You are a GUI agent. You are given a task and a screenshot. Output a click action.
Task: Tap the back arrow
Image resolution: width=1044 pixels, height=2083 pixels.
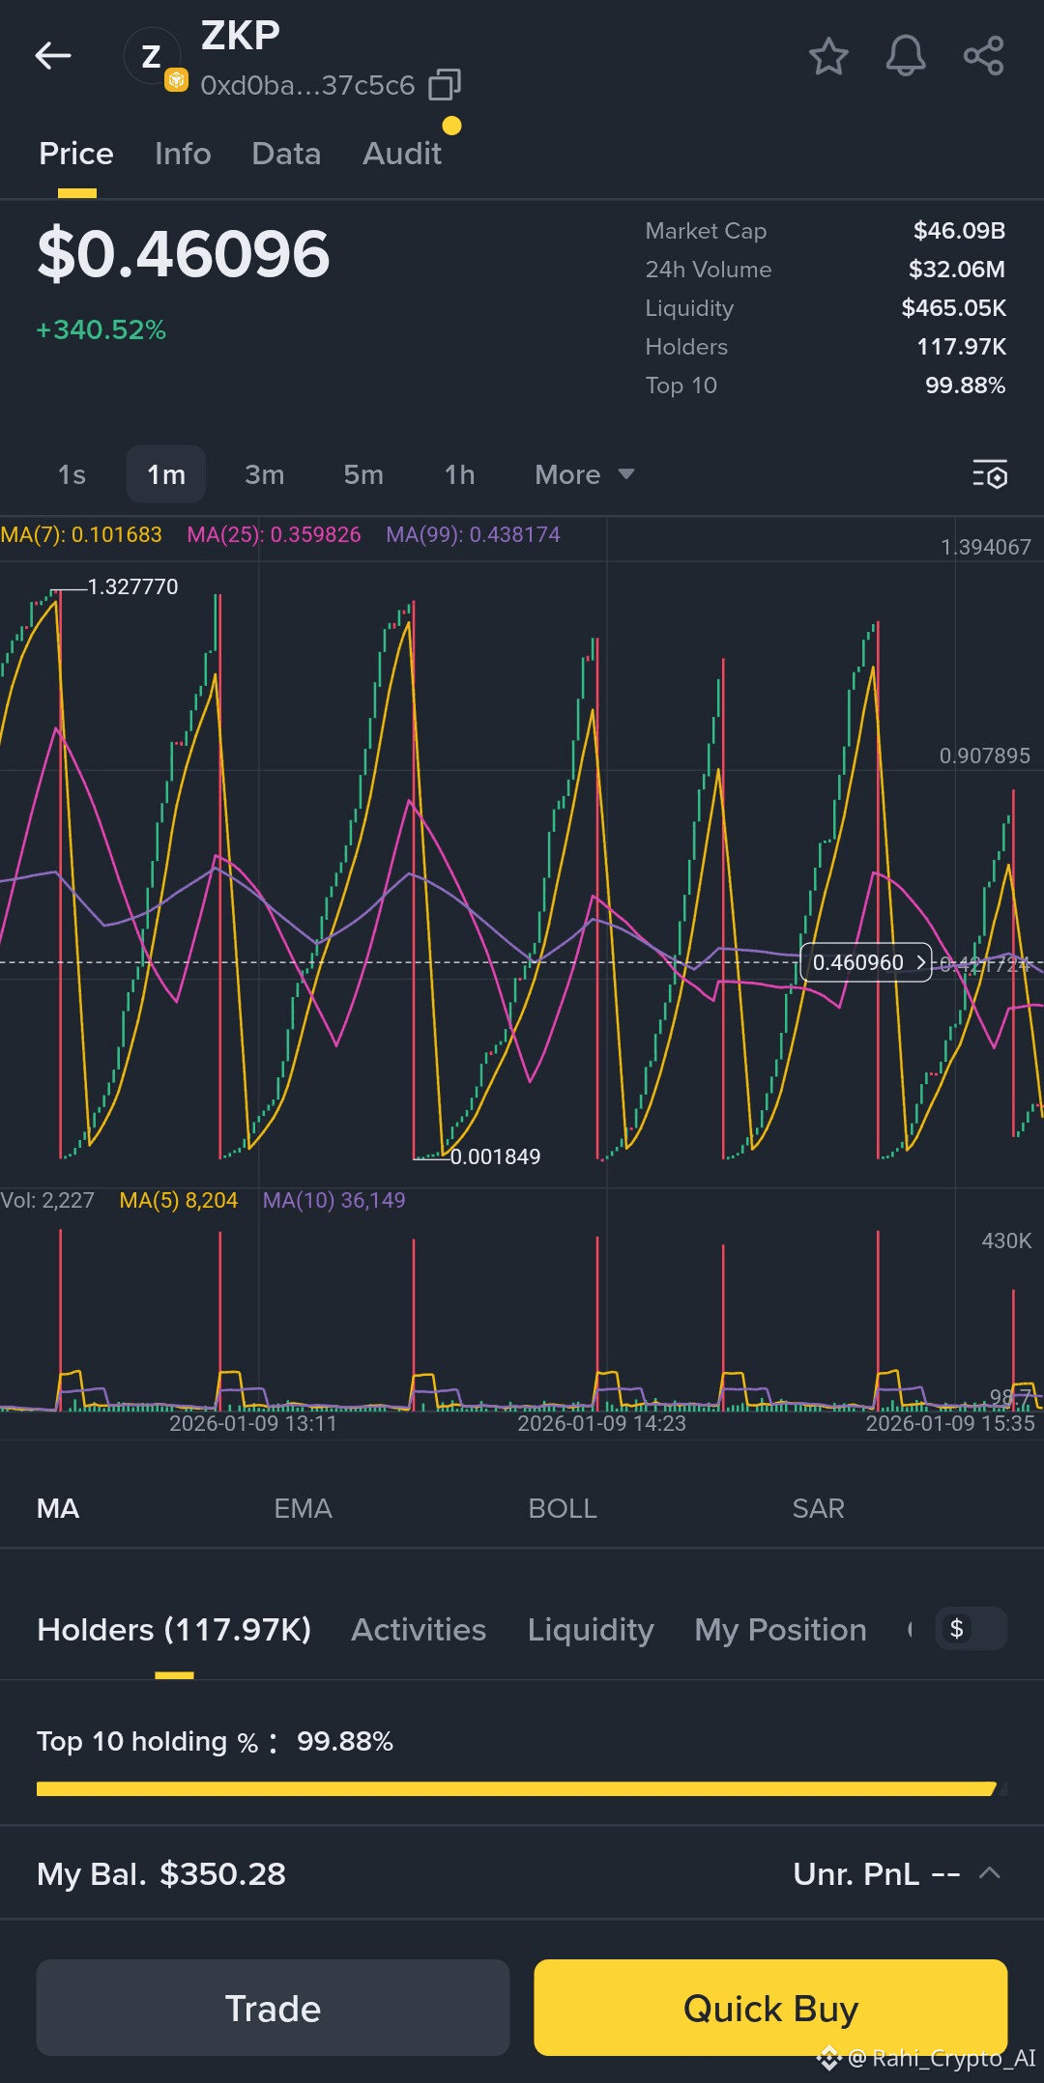coord(53,56)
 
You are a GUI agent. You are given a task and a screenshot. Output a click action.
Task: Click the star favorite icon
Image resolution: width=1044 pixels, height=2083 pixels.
coord(828,56)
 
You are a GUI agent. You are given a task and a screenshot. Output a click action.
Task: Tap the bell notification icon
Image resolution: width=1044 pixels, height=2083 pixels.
coord(906,56)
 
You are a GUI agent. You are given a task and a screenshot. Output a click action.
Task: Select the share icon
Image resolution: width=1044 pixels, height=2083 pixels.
coord(983,56)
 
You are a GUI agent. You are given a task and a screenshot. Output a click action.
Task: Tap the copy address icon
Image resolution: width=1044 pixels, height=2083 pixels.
coord(445,85)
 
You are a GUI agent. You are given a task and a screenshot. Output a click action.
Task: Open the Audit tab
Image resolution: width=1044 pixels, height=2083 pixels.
coord(402,154)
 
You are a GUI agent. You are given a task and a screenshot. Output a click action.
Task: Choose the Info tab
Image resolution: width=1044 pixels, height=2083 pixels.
coord(183,154)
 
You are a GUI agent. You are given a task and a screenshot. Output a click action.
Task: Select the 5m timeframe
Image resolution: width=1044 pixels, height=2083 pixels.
coord(363,474)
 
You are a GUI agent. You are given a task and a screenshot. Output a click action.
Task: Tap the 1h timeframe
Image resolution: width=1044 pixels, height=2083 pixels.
coord(459,474)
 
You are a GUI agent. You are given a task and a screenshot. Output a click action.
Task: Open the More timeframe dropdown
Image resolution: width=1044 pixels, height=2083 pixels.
coord(584,474)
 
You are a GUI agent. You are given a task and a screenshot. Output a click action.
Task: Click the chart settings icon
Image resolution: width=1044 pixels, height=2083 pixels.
coord(990,474)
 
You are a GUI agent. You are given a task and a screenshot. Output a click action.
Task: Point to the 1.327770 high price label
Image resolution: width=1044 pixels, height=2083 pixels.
coord(132,586)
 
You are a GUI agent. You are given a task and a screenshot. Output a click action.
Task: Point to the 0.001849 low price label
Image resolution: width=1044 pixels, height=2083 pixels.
coord(495,1156)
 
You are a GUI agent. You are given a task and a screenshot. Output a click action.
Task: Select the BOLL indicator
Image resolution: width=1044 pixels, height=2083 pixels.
coord(563,1508)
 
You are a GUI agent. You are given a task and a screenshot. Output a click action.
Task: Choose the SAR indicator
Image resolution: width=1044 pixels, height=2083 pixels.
coord(818,1508)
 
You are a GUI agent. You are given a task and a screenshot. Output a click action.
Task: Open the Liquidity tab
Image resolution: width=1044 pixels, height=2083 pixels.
coord(591,1630)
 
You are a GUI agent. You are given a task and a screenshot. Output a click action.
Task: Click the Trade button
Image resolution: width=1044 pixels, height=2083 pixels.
coord(273,2008)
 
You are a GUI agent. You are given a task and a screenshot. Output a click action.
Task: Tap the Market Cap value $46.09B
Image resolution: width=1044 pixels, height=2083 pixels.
coord(959,231)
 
